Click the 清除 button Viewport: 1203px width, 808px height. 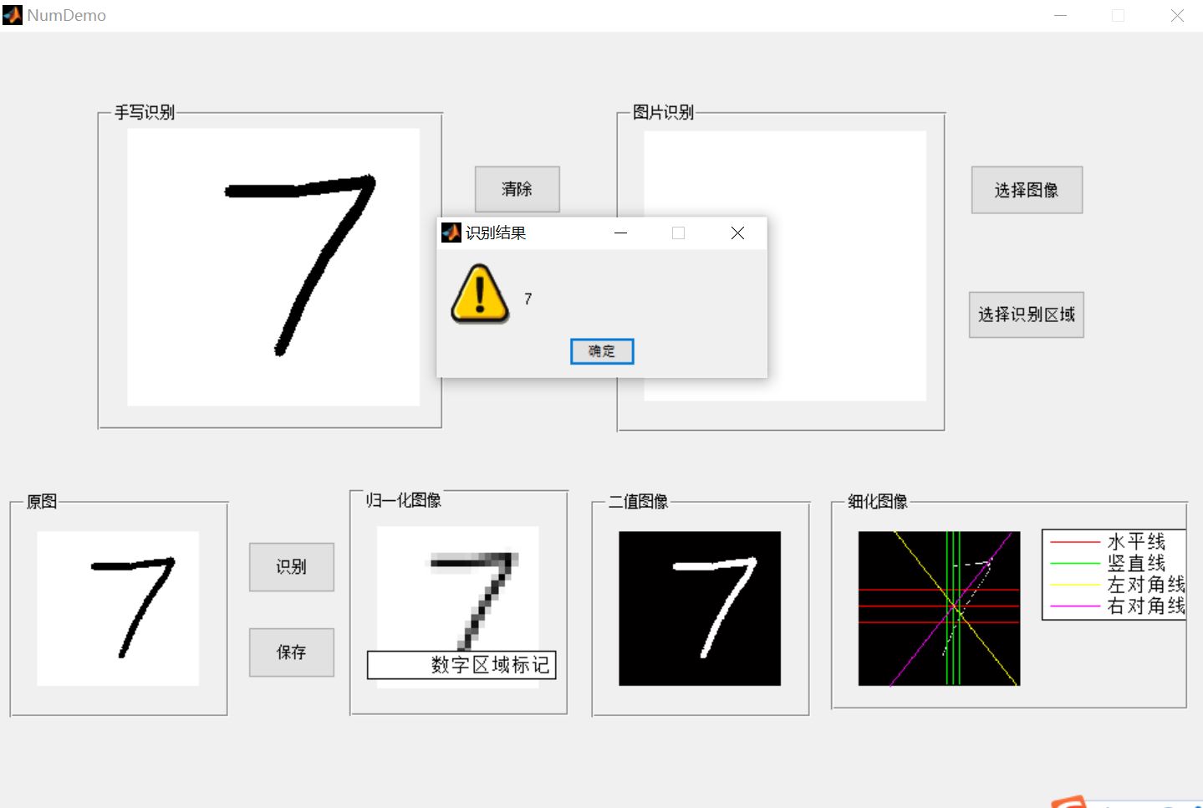(517, 189)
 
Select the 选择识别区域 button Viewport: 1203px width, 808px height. (1026, 315)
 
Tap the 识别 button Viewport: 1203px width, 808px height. (291, 567)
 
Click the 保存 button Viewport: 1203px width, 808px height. (291, 652)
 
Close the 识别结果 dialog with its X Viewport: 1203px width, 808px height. (737, 233)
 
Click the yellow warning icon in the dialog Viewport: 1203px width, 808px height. (479, 294)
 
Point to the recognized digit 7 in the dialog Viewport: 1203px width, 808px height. (528, 299)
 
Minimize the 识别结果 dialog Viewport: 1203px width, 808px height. (620, 233)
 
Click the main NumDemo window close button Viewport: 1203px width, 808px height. (1177, 16)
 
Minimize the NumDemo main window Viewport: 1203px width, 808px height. (1060, 16)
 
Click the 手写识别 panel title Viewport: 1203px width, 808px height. (145, 112)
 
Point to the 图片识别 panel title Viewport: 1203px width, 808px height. (663, 112)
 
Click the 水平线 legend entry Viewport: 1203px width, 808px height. (1135, 542)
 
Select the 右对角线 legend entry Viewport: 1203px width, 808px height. (1145, 606)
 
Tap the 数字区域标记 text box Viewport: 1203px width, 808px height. (461, 665)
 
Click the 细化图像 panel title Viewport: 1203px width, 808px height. (877, 501)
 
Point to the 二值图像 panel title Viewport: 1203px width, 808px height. (638, 501)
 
